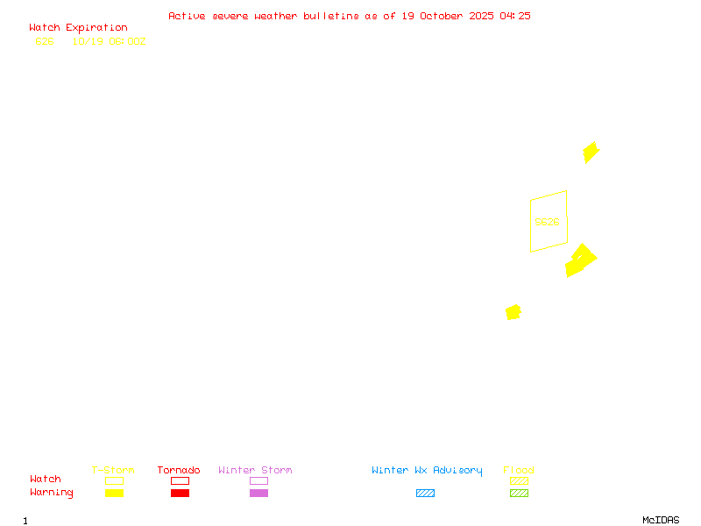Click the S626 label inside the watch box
pos(547,222)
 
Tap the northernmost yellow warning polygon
pos(591,153)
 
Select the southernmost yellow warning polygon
pos(513,312)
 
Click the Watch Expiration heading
pos(78,27)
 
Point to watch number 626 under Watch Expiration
pos(45,41)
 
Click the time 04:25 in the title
pos(515,16)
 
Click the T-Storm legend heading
pos(113,470)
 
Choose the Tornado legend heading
pos(179,470)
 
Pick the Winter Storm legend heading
pos(255,470)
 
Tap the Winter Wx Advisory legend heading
pos(427,470)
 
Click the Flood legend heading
pos(519,470)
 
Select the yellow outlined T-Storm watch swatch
pos(114,480)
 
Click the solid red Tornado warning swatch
pos(180,493)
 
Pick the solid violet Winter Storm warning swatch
pos(258,493)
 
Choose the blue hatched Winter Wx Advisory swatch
pos(425,493)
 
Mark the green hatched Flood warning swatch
pos(519,493)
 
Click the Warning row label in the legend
pos(52,493)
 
